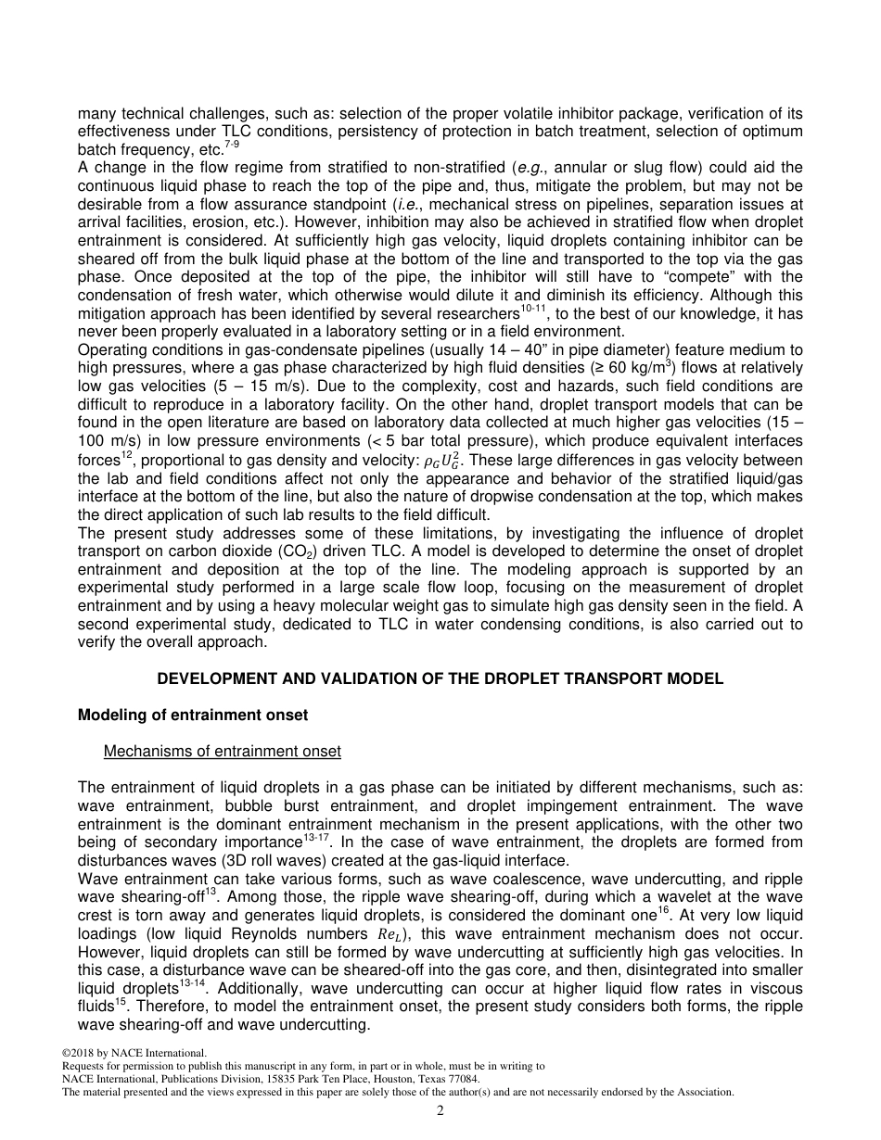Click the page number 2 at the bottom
click(x=440, y=1111)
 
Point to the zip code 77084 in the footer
click(x=462, y=1079)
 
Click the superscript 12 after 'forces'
click(x=131, y=456)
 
